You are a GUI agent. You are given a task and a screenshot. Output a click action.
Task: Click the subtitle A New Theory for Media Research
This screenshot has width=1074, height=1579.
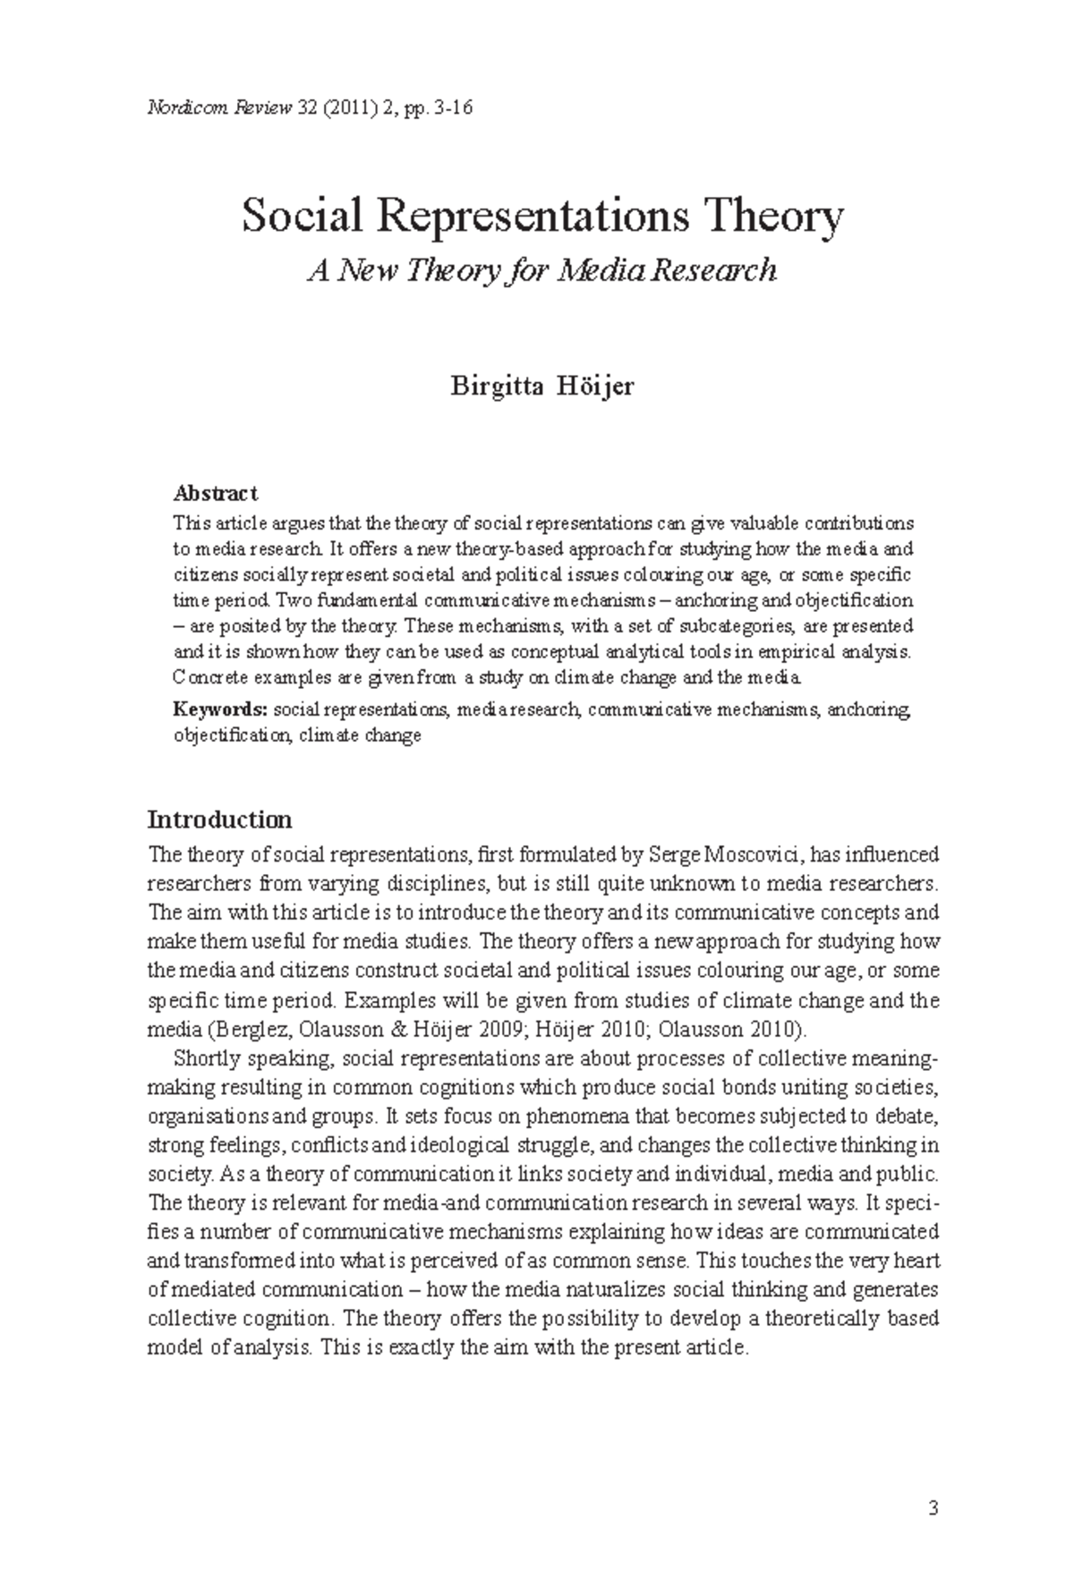pos(542,270)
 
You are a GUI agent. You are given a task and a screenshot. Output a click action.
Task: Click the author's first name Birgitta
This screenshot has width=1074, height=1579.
pos(496,388)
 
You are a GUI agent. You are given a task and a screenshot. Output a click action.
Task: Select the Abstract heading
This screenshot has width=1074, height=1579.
pos(215,493)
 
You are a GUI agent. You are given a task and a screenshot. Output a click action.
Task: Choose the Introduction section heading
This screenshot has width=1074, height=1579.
pos(219,819)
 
